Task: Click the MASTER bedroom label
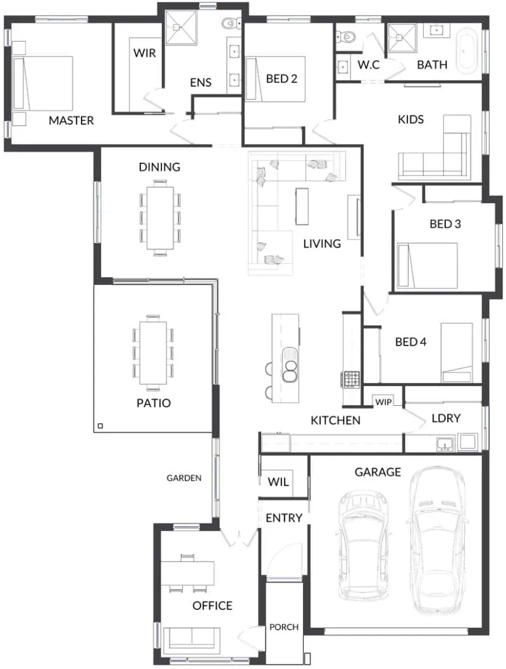[x=71, y=120]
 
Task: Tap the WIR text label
[x=144, y=53]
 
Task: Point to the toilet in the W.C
[x=346, y=37]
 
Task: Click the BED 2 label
[x=281, y=78]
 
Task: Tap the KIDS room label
[x=411, y=120]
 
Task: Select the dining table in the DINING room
[x=160, y=218]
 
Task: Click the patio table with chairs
[x=153, y=352]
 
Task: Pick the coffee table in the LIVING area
[x=302, y=206]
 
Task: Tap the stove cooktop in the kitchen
[x=352, y=380]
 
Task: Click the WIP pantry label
[x=383, y=402]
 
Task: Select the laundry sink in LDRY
[x=445, y=444]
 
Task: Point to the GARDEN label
[x=183, y=478]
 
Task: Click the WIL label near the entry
[x=278, y=482]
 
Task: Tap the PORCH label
[x=284, y=627]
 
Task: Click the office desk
[x=187, y=573]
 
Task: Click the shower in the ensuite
[x=181, y=27]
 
